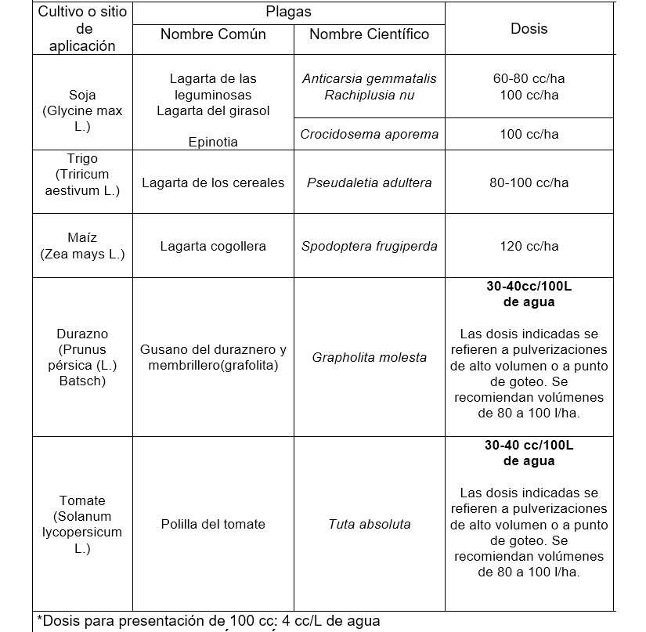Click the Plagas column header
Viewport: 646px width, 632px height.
click(288, 12)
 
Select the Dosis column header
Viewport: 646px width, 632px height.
click(529, 28)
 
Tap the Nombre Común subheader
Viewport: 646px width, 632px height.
click(213, 34)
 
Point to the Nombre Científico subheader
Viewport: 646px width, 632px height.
click(369, 34)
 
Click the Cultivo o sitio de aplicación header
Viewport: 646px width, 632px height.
click(82, 28)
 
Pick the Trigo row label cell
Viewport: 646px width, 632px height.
click(82, 175)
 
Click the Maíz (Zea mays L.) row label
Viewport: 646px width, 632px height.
click(82, 246)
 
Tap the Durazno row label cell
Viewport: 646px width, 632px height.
click(82, 357)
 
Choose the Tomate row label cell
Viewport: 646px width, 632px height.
click(82, 524)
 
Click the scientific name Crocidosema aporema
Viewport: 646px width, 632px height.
click(369, 134)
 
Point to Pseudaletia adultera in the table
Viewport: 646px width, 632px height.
click(369, 182)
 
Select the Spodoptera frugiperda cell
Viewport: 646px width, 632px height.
click(369, 246)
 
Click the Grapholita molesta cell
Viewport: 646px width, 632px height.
click(369, 357)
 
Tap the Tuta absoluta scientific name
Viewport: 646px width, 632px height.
click(369, 524)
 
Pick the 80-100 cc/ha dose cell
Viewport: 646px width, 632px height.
click(529, 182)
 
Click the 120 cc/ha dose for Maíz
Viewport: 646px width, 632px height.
click(529, 246)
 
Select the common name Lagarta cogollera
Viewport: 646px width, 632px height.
click(213, 246)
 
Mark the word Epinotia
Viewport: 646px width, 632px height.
click(213, 142)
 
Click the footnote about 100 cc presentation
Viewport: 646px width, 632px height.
click(208, 621)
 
